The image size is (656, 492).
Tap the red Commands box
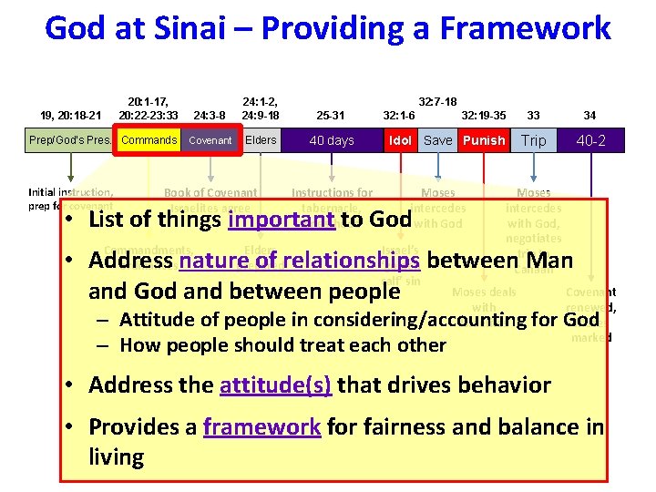[x=149, y=140]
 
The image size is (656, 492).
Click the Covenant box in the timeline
[x=210, y=140]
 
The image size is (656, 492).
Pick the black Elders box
[x=261, y=140]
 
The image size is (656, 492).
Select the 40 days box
[x=332, y=140]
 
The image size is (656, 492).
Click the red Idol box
[x=399, y=140]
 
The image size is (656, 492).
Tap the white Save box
[x=437, y=140]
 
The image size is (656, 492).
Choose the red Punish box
[x=483, y=140]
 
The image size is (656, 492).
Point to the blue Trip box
[x=534, y=140]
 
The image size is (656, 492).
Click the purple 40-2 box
[x=590, y=140]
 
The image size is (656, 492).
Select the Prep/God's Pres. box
[x=71, y=140]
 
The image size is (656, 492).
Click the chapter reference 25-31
[x=330, y=116]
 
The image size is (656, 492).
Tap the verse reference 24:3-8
[x=210, y=116]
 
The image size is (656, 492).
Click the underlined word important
[x=282, y=220]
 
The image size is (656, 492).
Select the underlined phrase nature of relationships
[x=300, y=261]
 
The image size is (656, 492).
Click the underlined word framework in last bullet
[x=261, y=426]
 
